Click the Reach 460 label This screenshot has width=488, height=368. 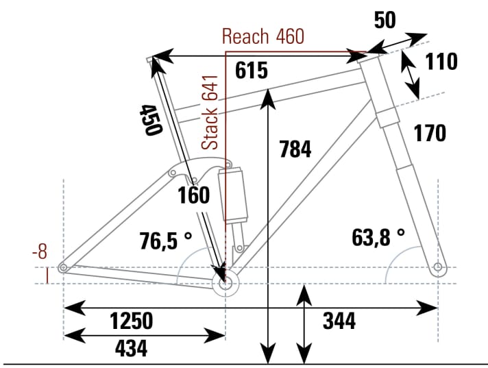point(263,37)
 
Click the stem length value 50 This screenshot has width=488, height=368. point(385,20)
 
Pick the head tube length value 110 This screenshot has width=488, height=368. point(441,62)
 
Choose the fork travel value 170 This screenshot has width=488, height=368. point(430,133)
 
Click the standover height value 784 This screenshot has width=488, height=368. point(295,148)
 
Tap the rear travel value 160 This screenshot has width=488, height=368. point(194,195)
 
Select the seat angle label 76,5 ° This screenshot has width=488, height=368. point(164,241)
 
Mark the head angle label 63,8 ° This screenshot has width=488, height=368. point(378,237)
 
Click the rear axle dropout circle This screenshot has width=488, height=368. point(63,267)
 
